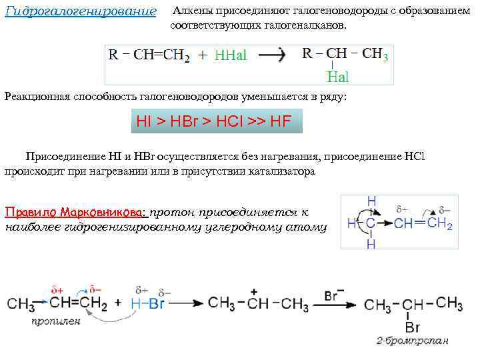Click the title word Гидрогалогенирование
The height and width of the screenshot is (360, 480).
point(80,13)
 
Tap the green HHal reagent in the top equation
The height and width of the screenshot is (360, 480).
point(231,56)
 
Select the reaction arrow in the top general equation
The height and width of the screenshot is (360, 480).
point(271,56)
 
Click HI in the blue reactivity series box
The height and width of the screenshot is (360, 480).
point(144,122)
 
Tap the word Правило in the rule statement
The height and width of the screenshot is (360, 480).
point(31,213)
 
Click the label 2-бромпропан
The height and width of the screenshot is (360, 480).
point(412,341)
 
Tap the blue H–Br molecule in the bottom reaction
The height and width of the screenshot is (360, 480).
point(147,303)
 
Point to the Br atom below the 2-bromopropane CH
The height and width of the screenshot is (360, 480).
point(413,327)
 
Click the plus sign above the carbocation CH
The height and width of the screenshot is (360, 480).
point(253,292)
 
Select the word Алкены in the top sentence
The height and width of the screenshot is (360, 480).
point(191,12)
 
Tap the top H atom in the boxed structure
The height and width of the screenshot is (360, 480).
point(371,201)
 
